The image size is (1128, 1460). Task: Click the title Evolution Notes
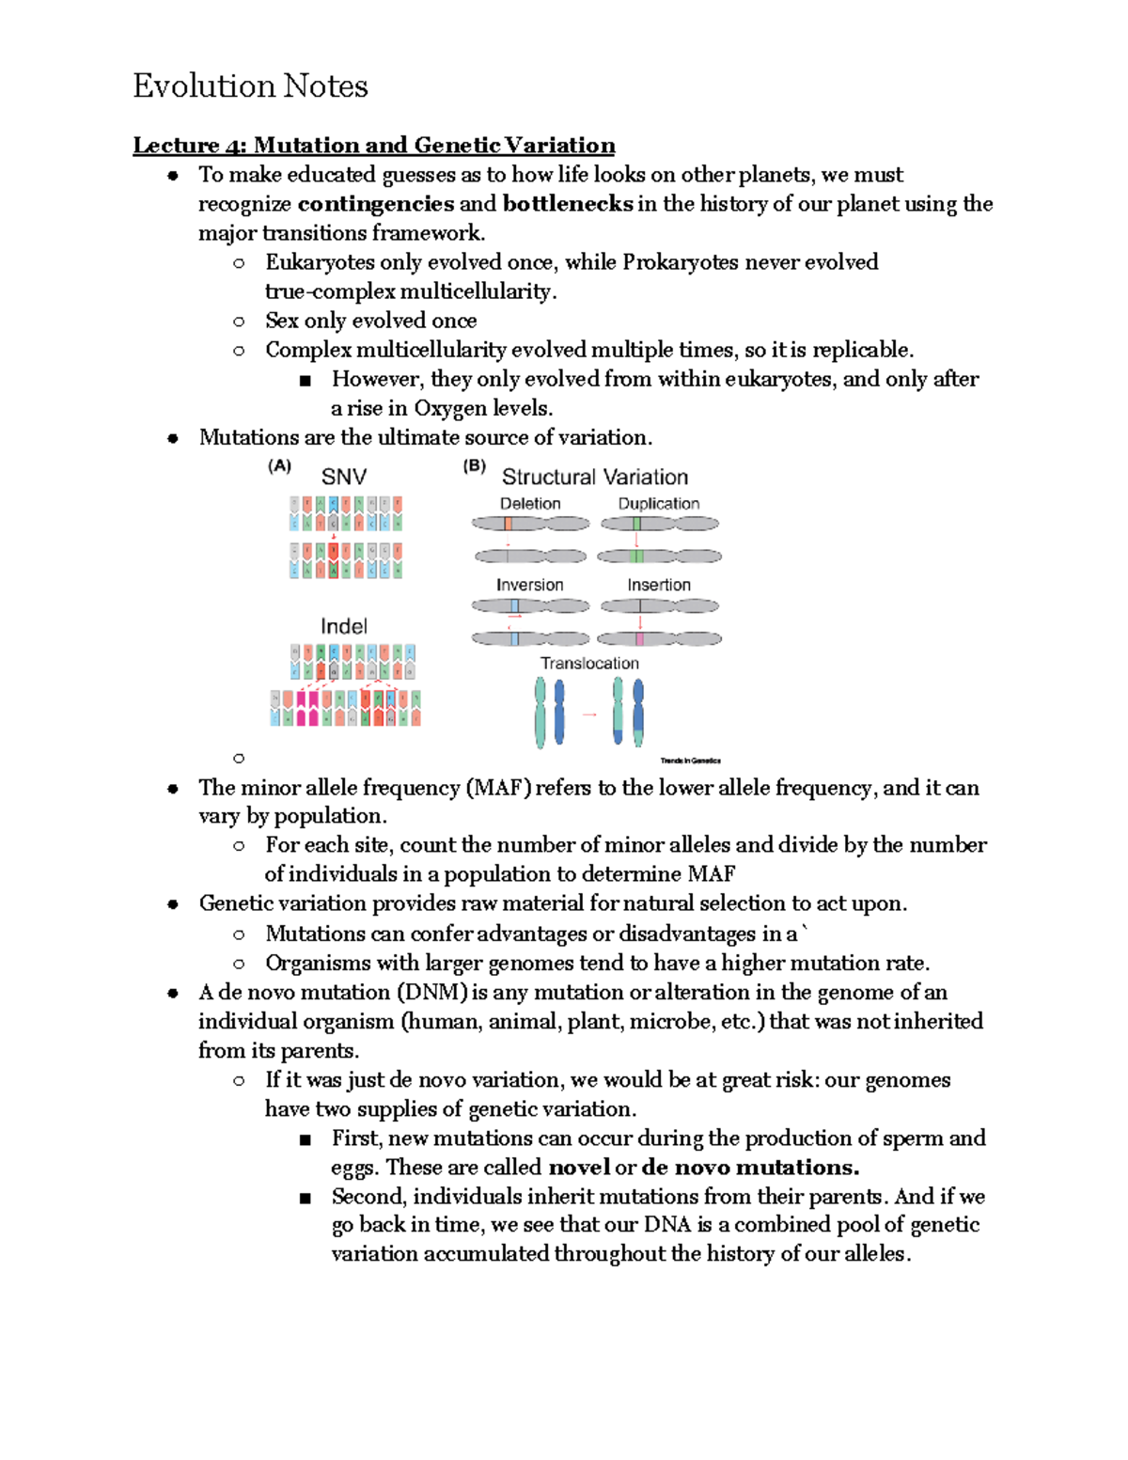[x=250, y=86]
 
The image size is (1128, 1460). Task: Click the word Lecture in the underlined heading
[x=176, y=145]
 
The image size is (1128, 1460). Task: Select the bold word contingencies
[x=375, y=204]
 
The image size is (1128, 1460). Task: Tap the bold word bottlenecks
[x=568, y=204]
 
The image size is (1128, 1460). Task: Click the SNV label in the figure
[x=344, y=477]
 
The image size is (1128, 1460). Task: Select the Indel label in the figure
[x=344, y=626]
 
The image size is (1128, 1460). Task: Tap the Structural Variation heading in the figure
[x=594, y=477]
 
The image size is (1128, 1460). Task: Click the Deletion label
[x=529, y=504]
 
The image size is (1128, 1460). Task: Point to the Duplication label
[x=658, y=504]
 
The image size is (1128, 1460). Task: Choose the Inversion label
[x=529, y=585]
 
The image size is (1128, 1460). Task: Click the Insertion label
[x=658, y=585]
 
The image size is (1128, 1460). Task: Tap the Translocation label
[x=589, y=663]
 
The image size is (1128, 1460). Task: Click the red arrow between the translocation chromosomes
[x=589, y=714]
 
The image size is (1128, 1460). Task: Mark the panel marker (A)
[x=279, y=465]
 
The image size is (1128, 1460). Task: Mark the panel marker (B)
[x=474, y=465]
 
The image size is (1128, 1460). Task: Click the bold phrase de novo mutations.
[x=750, y=1168]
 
